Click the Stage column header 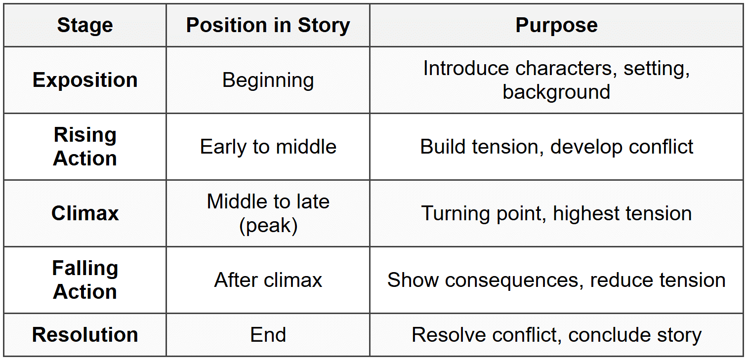pyautogui.click(x=85, y=26)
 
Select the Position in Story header pyautogui.click(x=268, y=26)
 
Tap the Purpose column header pyautogui.click(x=557, y=26)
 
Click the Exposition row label pyautogui.click(x=85, y=80)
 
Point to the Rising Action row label pyautogui.click(x=85, y=147)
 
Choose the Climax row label pyautogui.click(x=85, y=213)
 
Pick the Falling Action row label pyautogui.click(x=85, y=280)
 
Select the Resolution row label pyautogui.click(x=85, y=335)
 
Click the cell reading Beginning pyautogui.click(x=268, y=80)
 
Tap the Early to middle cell pyautogui.click(x=268, y=147)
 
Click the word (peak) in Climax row pyautogui.click(x=268, y=226)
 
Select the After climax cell pyautogui.click(x=268, y=280)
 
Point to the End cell pyautogui.click(x=268, y=335)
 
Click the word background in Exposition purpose pyautogui.click(x=556, y=92)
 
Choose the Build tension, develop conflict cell pyautogui.click(x=557, y=147)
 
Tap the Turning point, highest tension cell pyautogui.click(x=557, y=213)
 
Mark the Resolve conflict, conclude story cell pyautogui.click(x=557, y=335)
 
